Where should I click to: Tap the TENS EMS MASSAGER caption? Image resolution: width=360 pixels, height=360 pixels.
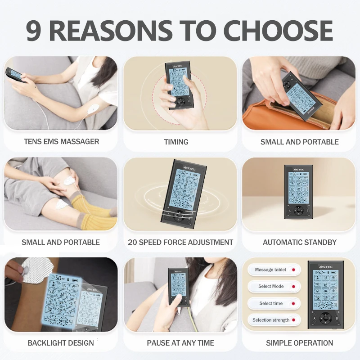(x=61, y=141)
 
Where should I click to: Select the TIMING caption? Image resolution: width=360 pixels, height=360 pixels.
(x=176, y=142)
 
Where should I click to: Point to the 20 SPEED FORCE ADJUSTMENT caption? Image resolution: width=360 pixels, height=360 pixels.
(x=180, y=242)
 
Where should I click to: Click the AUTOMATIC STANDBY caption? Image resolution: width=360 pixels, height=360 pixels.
(x=300, y=242)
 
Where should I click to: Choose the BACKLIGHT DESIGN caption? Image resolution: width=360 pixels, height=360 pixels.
(x=61, y=343)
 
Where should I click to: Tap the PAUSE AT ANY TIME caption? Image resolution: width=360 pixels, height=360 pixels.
(x=180, y=343)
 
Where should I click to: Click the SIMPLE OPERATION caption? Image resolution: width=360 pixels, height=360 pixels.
(x=300, y=343)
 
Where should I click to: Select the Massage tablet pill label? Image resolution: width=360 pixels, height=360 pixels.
(x=270, y=270)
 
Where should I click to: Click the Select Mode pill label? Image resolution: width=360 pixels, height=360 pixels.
(x=271, y=287)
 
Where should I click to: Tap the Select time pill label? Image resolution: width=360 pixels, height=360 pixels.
(x=271, y=303)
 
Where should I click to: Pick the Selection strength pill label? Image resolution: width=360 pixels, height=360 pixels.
(x=271, y=320)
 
